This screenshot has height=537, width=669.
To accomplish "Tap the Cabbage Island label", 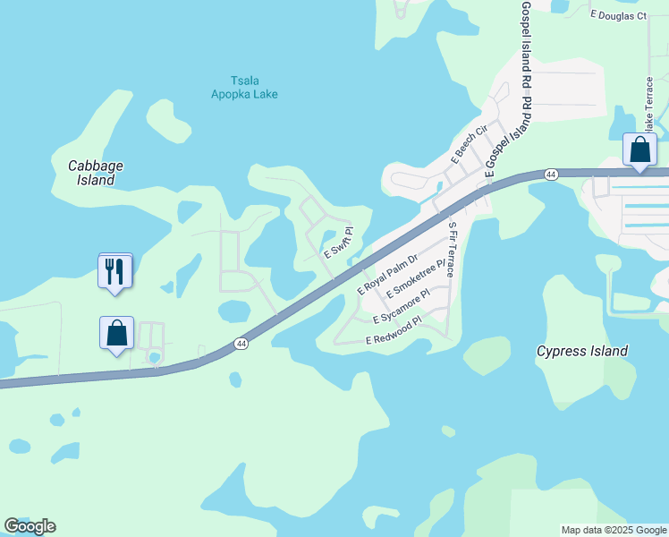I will [96, 173].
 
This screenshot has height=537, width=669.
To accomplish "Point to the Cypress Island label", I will [581, 351].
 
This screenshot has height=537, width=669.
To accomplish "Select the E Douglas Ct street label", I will [618, 15].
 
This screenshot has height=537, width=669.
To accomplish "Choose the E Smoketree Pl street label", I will [415, 281].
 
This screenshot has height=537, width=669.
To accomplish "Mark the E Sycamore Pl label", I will [402, 305].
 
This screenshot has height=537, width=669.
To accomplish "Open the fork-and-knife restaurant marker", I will [115, 271].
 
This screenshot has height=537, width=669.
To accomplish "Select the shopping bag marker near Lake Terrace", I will [640, 149].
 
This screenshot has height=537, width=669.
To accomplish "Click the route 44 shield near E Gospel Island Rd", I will [552, 174].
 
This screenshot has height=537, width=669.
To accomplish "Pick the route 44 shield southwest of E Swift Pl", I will [241, 344].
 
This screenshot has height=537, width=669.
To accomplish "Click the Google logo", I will [30, 525].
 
